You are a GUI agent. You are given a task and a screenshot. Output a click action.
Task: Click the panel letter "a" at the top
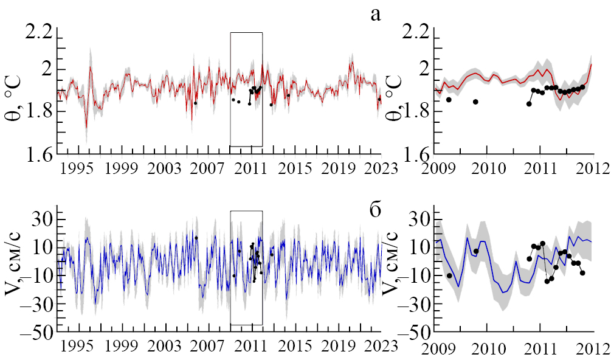click(x=376, y=14)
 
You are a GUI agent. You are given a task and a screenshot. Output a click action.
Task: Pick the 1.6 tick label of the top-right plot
click(x=420, y=153)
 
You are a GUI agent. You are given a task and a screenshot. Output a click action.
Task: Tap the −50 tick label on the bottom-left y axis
click(x=36, y=333)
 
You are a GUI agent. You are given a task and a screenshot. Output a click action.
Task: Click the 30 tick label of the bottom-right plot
click(x=421, y=219)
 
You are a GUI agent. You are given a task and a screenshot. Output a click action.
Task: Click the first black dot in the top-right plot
click(x=449, y=100)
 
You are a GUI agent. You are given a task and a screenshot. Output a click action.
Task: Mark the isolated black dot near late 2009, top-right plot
click(x=475, y=102)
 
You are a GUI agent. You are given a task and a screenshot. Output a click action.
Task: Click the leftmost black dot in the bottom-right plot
click(x=449, y=275)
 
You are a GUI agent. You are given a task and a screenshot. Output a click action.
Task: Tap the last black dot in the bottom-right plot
click(x=582, y=272)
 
